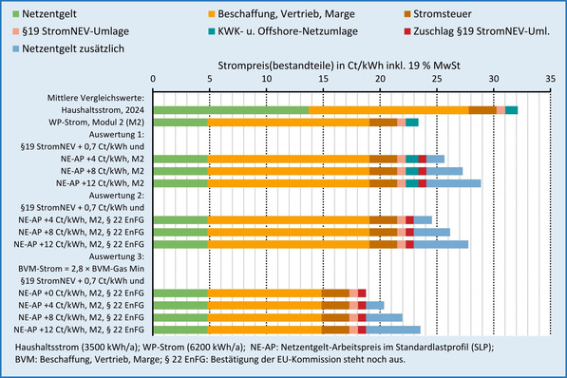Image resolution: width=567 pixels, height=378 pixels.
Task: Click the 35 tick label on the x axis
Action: click(x=549, y=80)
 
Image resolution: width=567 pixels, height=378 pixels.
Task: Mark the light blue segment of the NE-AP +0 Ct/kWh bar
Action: click(x=375, y=305)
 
